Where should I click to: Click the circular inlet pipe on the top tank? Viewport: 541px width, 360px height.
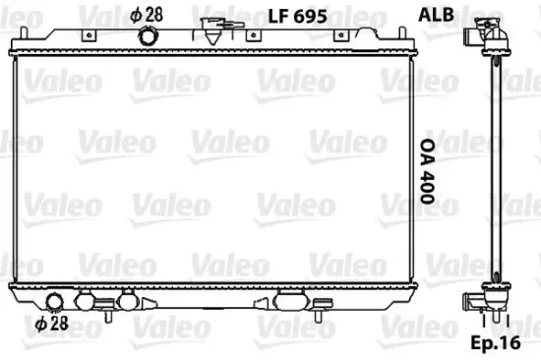pyautogui.click(x=149, y=37)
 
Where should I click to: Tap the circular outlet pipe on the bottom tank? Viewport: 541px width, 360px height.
pyautogui.click(x=57, y=301)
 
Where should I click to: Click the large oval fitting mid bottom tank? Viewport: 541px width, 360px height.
pyautogui.click(x=291, y=300)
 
